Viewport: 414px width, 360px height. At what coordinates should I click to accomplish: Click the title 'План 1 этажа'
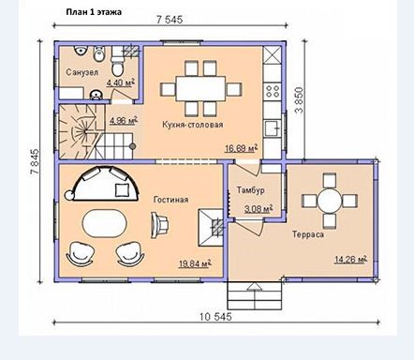point(94,12)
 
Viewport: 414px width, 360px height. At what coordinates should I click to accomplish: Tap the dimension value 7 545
point(170,20)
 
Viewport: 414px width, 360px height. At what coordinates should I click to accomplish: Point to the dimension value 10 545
point(215,317)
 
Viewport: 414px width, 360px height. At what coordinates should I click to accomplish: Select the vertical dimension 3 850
point(299,99)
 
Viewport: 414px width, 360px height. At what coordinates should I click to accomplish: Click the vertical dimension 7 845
point(35,161)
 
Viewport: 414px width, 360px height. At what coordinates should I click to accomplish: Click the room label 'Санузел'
point(78,72)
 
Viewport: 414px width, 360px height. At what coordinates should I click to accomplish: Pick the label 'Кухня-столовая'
point(193,125)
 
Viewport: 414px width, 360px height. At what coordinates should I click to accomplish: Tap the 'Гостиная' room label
point(170,200)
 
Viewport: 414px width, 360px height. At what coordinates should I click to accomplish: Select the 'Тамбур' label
point(250,190)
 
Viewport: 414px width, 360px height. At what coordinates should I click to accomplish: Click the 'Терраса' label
point(308,234)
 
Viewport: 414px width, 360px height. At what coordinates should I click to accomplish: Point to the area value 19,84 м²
point(195,263)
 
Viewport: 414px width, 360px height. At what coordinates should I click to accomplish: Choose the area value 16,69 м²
point(242,148)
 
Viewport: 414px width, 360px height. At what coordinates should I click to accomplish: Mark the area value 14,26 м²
point(350,259)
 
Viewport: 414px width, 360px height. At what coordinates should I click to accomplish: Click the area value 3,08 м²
point(259,208)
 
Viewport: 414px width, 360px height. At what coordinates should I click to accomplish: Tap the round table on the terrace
point(330,201)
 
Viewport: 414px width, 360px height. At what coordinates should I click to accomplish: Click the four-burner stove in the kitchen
point(273,91)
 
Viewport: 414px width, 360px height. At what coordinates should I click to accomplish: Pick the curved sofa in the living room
point(105,184)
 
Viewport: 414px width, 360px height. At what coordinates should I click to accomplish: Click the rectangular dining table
point(200,88)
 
